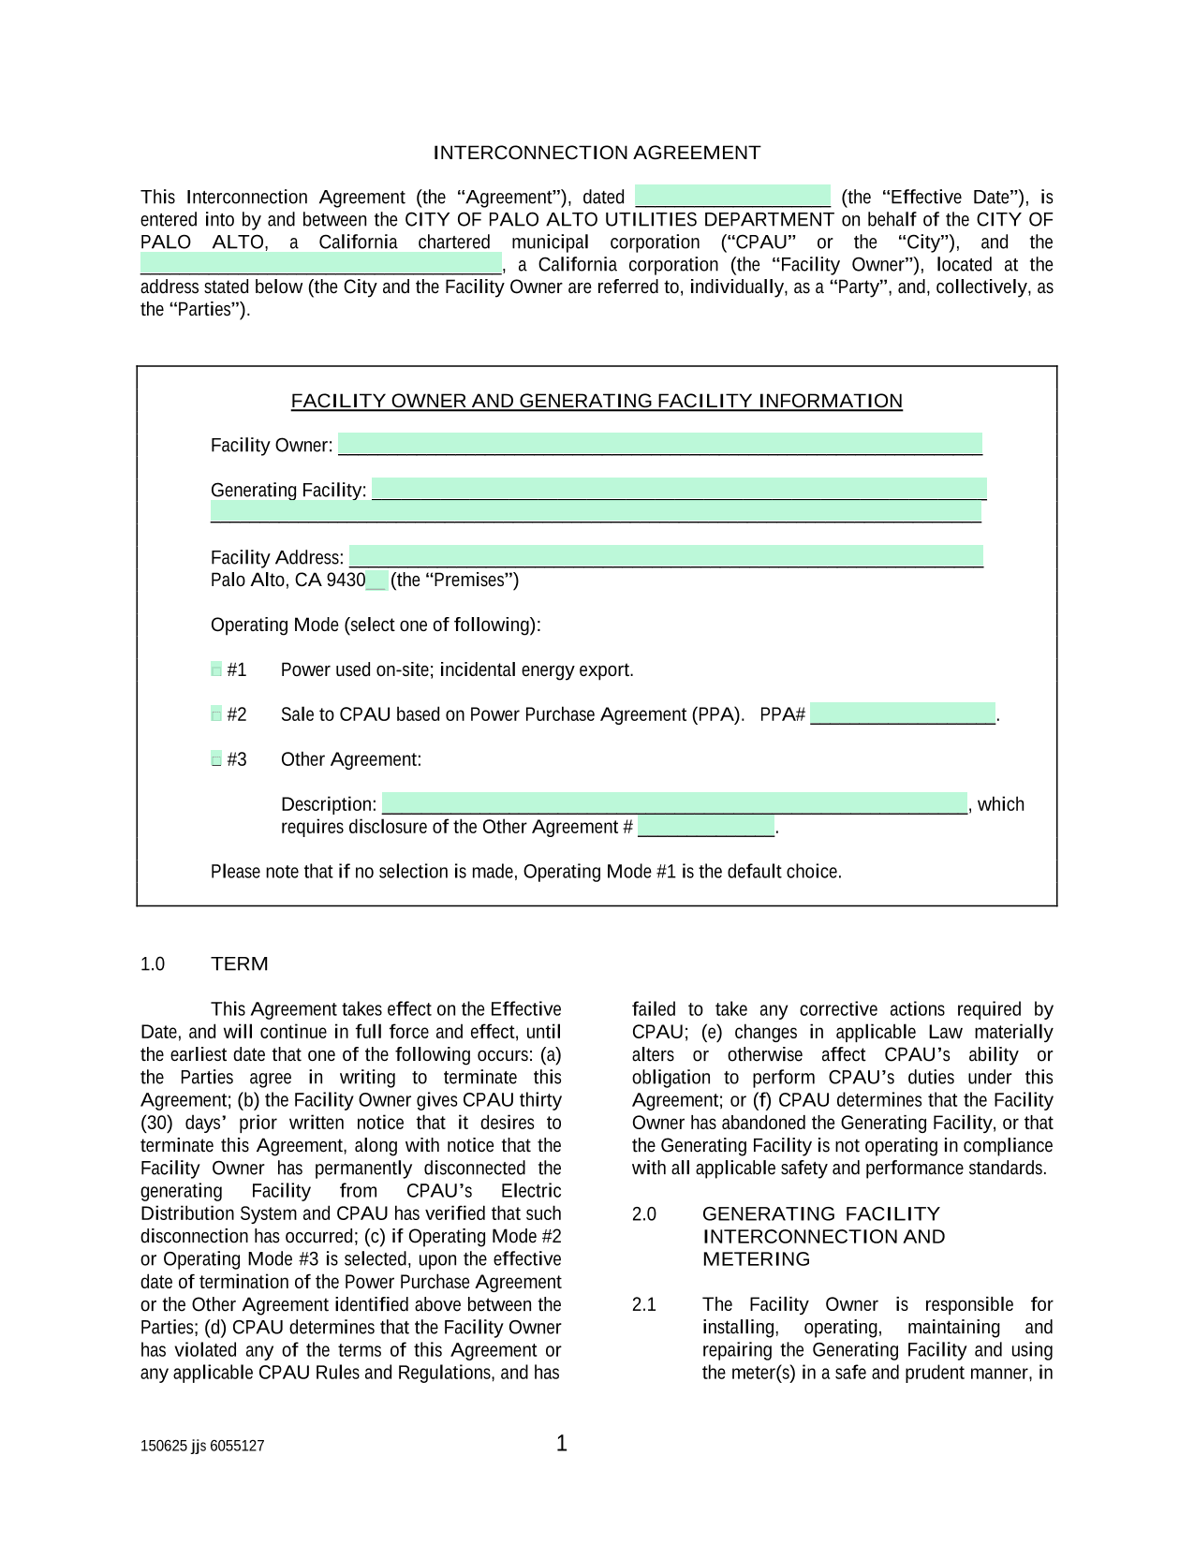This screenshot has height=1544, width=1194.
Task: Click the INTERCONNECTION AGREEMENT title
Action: click(x=597, y=153)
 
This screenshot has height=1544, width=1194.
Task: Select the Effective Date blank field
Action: click(x=732, y=197)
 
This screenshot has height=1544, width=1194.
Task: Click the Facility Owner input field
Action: click(x=659, y=444)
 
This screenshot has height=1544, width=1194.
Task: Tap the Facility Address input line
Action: click(x=666, y=556)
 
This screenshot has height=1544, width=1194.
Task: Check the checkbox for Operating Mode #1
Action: click(x=216, y=669)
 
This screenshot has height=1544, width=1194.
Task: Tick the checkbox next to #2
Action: click(x=216, y=714)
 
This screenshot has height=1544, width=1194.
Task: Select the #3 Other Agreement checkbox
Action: click(x=216, y=759)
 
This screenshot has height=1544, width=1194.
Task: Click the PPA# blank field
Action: click(x=902, y=713)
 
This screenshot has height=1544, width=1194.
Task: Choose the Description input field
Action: click(x=674, y=803)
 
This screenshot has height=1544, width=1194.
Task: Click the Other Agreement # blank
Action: click(x=706, y=827)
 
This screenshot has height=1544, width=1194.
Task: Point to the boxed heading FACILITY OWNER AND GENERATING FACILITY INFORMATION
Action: click(x=597, y=401)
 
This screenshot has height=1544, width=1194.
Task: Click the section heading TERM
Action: click(x=240, y=963)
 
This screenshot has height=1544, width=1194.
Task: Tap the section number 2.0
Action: click(x=644, y=1214)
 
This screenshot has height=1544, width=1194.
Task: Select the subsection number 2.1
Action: click(x=644, y=1304)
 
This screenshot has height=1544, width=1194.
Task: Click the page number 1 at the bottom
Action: click(x=562, y=1443)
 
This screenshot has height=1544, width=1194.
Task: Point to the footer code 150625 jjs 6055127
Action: click(x=202, y=1446)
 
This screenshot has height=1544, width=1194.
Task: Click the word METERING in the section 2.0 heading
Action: click(x=756, y=1259)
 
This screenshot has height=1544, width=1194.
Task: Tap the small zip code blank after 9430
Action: click(x=376, y=581)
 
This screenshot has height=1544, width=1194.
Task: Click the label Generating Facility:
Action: click(x=288, y=490)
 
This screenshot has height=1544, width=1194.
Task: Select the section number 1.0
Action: click(x=153, y=964)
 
